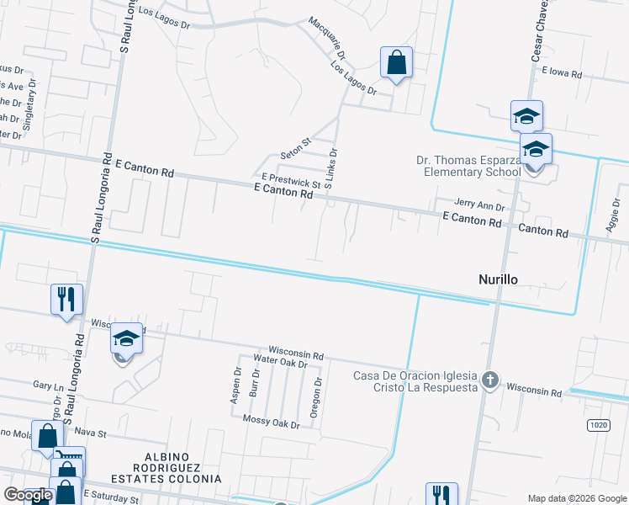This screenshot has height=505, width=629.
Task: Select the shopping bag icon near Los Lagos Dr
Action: click(x=396, y=62)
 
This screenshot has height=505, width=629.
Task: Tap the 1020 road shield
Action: click(x=598, y=426)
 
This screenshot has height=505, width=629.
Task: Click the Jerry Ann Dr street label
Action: click(x=479, y=205)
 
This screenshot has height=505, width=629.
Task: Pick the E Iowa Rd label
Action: click(x=562, y=73)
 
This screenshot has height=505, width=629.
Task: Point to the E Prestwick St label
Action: click(x=291, y=179)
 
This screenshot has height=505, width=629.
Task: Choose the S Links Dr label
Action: click(x=332, y=167)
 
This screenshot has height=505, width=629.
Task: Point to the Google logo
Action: click(x=28, y=495)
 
